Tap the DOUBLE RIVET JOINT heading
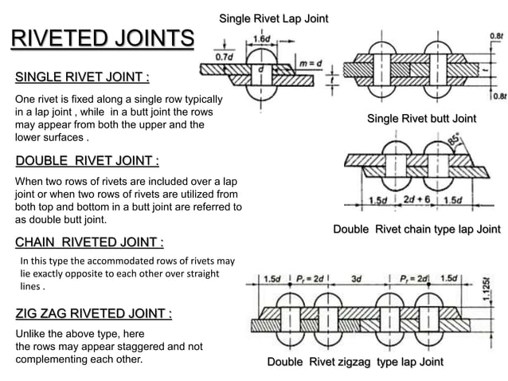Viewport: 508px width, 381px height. click(87, 161)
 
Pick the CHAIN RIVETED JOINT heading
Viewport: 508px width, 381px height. click(90, 242)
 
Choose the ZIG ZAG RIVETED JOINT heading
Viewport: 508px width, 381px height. click(94, 314)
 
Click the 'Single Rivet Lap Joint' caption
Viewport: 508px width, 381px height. click(273, 18)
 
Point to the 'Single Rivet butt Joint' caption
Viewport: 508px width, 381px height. click(421, 119)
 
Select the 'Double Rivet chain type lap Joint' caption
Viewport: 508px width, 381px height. click(416, 230)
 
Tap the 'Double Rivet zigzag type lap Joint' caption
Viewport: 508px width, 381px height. click(355, 363)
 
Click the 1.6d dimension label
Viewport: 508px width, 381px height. click(260, 38)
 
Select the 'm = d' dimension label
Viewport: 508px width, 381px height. click(307, 63)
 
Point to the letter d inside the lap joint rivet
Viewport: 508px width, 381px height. click(260, 70)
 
